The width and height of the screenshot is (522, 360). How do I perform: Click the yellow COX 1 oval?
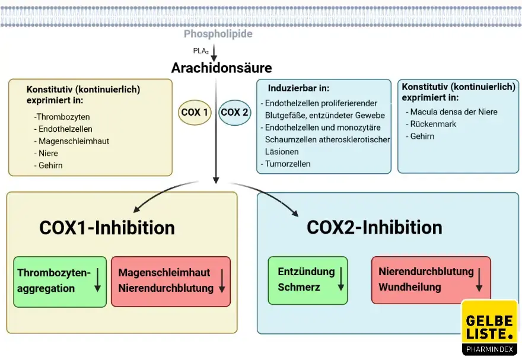pyautogui.click(x=195, y=112)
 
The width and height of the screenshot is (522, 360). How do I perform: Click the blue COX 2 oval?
pyautogui.click(x=234, y=112)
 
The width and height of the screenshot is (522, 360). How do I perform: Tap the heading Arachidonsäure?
pyautogui.click(x=221, y=68)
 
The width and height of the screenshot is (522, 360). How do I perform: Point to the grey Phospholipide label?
pyautogui.click(x=218, y=34)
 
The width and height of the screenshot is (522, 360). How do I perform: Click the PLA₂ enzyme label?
pyautogui.click(x=200, y=50)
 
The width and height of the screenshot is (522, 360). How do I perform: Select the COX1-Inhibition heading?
pyautogui.click(x=107, y=227)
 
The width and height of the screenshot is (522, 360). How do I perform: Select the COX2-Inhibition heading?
pyautogui.click(x=374, y=227)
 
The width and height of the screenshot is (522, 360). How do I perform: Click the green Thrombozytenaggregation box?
pyautogui.click(x=59, y=281)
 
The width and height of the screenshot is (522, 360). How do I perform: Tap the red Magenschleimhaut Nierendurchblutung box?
pyautogui.click(x=170, y=281)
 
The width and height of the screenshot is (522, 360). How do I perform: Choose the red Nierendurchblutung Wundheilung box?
pyautogui.click(x=431, y=280)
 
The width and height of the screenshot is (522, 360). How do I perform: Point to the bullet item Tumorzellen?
pyautogui.click(x=288, y=164)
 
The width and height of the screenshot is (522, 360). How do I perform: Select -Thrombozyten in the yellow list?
pyautogui.click(x=62, y=117)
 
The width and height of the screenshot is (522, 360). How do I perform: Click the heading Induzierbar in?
pyautogui.click(x=298, y=88)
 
